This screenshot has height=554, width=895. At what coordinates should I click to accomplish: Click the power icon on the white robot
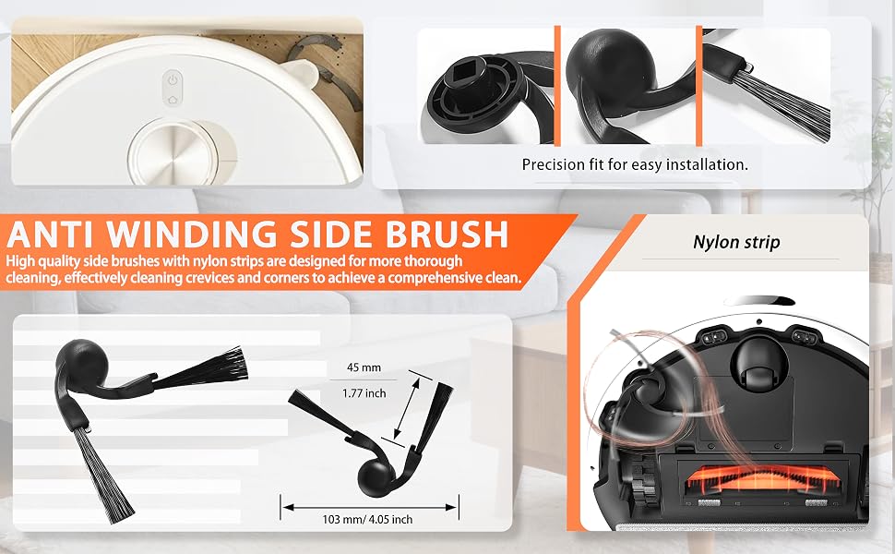coord(173,80)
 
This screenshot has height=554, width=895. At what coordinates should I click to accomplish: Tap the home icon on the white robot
coord(173,100)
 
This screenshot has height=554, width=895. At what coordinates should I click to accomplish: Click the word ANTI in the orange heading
coord(54,235)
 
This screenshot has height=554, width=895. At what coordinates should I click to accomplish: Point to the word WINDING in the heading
coord(194,235)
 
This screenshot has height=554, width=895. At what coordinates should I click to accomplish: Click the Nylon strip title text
coord(736,242)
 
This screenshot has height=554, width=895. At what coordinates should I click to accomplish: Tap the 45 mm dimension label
coord(364,367)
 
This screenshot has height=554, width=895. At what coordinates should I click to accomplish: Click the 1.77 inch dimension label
coord(364,393)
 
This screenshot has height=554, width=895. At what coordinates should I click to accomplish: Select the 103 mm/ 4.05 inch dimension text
coord(367,519)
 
